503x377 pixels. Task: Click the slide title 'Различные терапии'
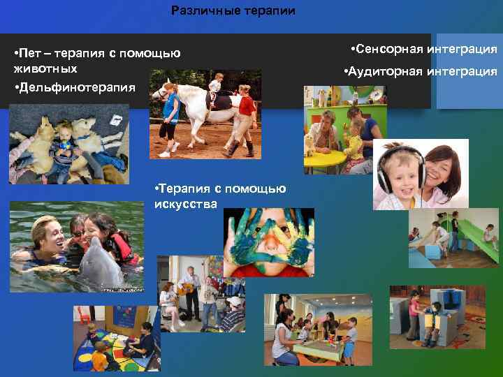coord(233,11)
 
